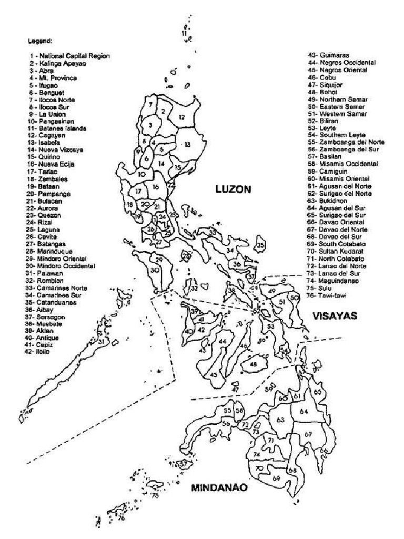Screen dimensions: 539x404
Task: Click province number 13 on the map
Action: point(187,144)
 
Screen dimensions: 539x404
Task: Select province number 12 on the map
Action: point(181,117)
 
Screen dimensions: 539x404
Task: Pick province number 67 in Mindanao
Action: point(308,434)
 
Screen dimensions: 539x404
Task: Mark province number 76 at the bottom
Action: point(121,518)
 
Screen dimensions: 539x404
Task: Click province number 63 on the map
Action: point(280,420)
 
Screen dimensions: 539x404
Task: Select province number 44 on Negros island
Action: point(223,342)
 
